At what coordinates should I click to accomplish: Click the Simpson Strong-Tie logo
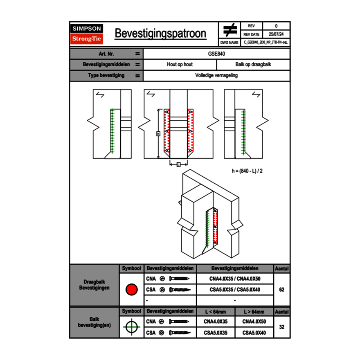tap(87, 34)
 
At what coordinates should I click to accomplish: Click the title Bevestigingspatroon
tap(160, 34)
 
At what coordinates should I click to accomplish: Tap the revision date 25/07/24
tap(276, 34)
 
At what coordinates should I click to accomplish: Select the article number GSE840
tap(216, 54)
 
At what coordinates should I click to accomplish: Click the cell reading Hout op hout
tap(180, 65)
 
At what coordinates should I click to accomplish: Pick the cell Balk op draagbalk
tap(253, 65)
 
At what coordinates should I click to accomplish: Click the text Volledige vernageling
tap(216, 76)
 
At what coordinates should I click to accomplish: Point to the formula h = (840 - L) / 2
tap(247, 171)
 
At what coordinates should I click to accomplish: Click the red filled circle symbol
tap(131, 290)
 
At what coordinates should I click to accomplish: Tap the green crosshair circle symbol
tap(131, 327)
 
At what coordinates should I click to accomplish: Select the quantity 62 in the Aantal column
tap(281, 290)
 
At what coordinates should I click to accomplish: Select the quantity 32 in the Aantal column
tap(281, 327)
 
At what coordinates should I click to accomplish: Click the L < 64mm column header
tap(216, 312)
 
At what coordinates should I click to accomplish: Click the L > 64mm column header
tap(254, 312)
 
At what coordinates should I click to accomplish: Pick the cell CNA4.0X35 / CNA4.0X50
tap(235, 279)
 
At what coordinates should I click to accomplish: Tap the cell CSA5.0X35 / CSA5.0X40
tap(235, 290)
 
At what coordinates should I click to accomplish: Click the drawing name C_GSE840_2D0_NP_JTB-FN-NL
tap(265, 42)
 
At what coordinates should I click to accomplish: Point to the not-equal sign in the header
tap(230, 30)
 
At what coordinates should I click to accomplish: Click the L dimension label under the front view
tap(178, 164)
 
